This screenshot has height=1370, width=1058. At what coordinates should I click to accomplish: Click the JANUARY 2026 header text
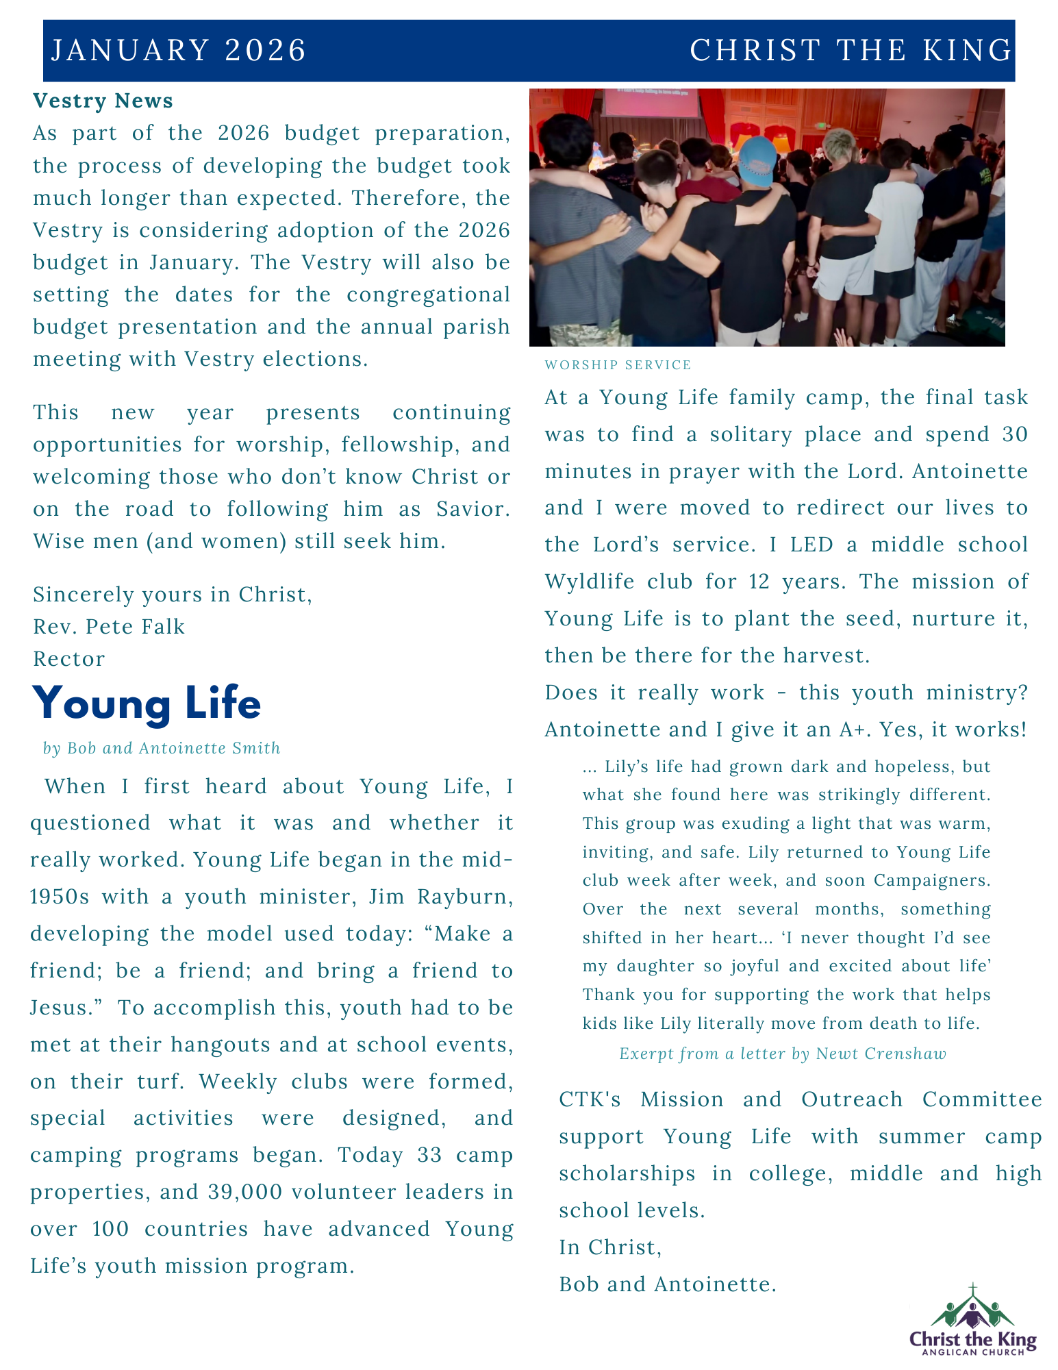[x=179, y=51]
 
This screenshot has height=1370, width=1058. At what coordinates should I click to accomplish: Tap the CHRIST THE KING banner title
[x=851, y=51]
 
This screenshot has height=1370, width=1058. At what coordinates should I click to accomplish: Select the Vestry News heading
[x=103, y=101]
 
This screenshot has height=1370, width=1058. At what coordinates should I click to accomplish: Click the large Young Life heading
[x=147, y=703]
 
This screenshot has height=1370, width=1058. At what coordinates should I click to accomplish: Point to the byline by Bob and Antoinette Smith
[x=162, y=748]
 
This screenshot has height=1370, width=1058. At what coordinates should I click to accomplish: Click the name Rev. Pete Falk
[x=109, y=627]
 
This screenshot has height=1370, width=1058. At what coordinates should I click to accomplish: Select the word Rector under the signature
[x=69, y=659]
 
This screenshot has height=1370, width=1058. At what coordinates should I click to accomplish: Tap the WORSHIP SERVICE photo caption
[x=618, y=365]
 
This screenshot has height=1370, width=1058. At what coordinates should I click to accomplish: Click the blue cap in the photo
[x=757, y=161]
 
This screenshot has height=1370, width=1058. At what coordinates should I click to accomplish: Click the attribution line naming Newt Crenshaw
[x=783, y=1054]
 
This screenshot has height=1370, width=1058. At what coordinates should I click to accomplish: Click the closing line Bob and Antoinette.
[x=668, y=1284]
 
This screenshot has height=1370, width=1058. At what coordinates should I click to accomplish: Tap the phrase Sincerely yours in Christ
[x=173, y=595]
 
